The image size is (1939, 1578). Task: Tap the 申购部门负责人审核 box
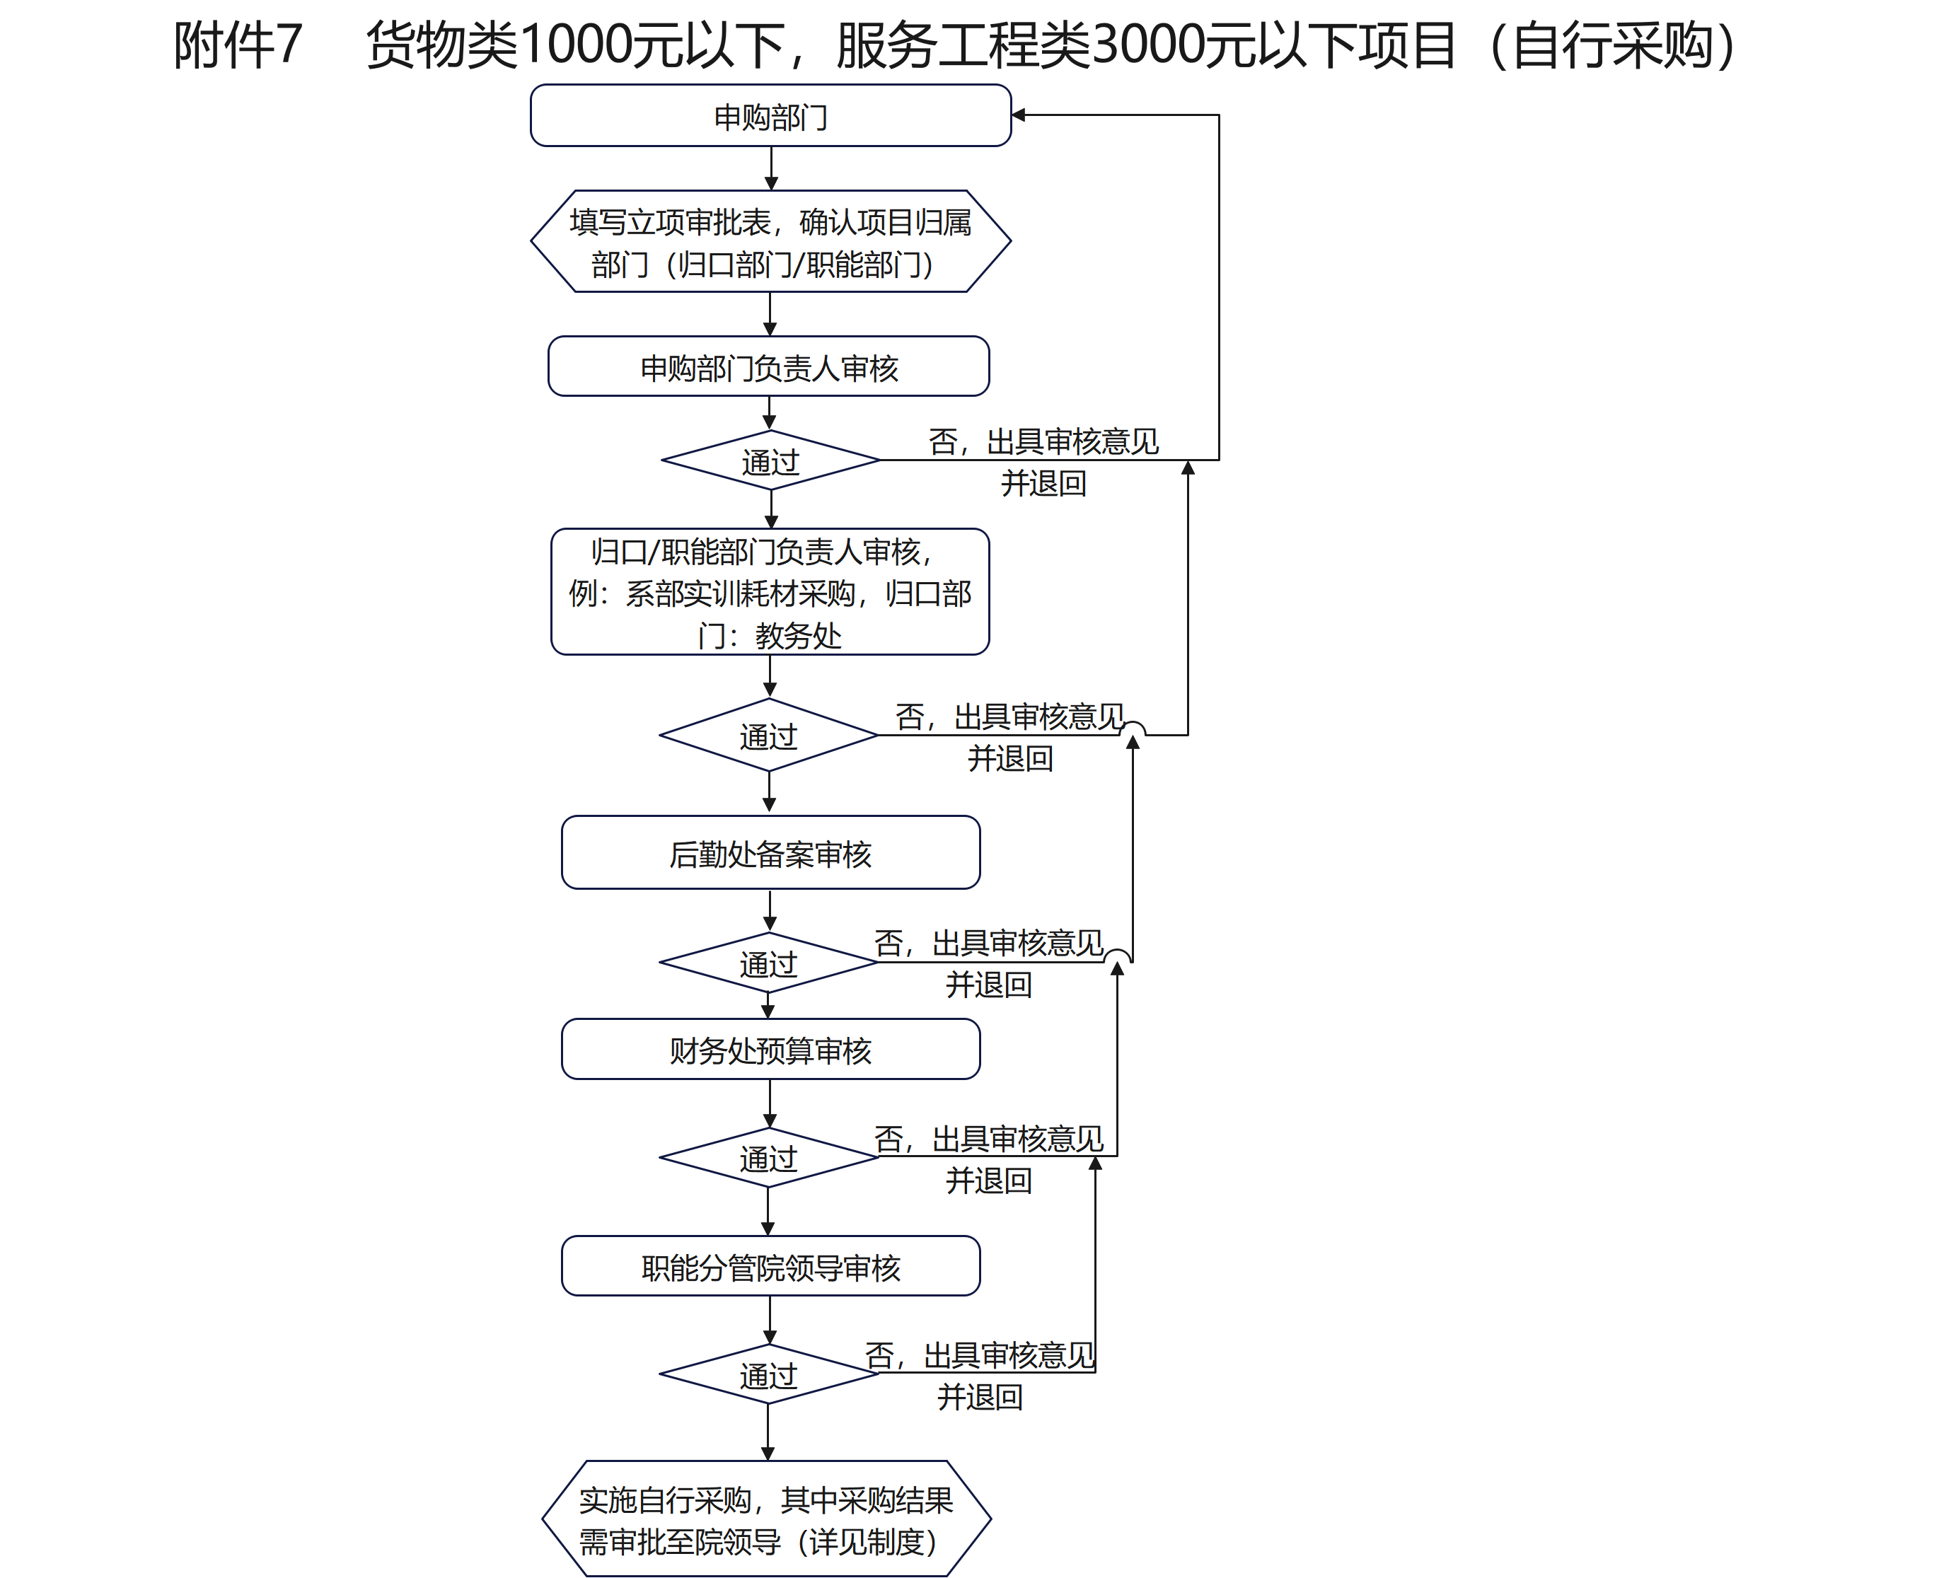click(x=769, y=367)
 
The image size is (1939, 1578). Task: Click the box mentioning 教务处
click(x=770, y=593)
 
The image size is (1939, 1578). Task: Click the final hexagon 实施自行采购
click(x=766, y=1520)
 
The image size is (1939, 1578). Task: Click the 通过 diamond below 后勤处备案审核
click(x=768, y=963)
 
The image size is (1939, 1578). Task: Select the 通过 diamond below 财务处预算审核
click(x=768, y=1158)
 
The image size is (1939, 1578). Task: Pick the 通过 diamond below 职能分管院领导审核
click(x=768, y=1375)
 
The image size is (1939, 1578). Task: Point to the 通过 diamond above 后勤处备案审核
click(x=768, y=736)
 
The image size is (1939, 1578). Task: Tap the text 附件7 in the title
click(x=237, y=45)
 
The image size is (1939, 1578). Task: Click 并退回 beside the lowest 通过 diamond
click(x=980, y=1397)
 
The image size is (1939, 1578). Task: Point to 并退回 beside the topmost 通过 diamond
click(x=1043, y=484)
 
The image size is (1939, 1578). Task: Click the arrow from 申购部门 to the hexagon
click(x=771, y=168)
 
